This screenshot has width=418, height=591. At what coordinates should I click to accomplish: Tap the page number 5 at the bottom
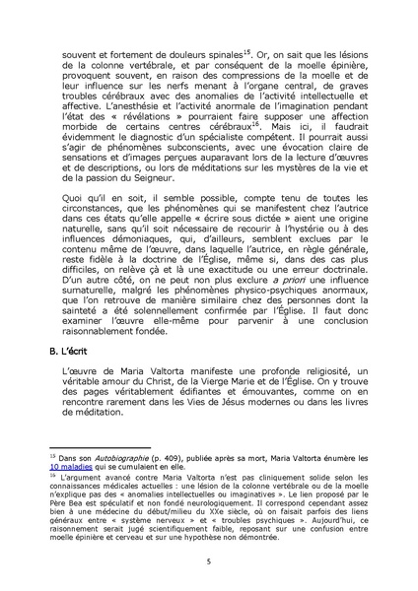coord(209,559)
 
